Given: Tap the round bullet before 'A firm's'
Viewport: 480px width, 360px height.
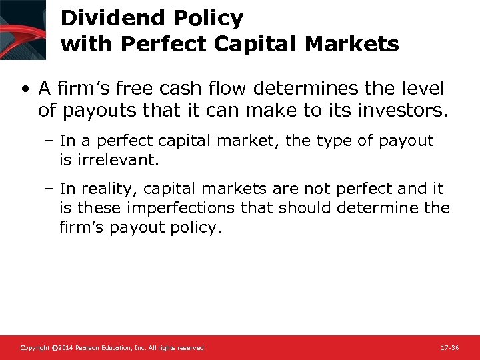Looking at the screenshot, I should [x=25, y=89].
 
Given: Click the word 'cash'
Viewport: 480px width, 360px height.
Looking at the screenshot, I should [x=195, y=88].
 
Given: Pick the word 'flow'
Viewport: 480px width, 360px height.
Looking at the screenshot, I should [x=241, y=88].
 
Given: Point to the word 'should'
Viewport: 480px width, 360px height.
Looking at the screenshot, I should [x=301, y=208].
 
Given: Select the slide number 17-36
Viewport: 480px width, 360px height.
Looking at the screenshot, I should [x=450, y=348].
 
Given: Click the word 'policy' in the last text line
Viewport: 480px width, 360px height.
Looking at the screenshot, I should [x=195, y=227].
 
